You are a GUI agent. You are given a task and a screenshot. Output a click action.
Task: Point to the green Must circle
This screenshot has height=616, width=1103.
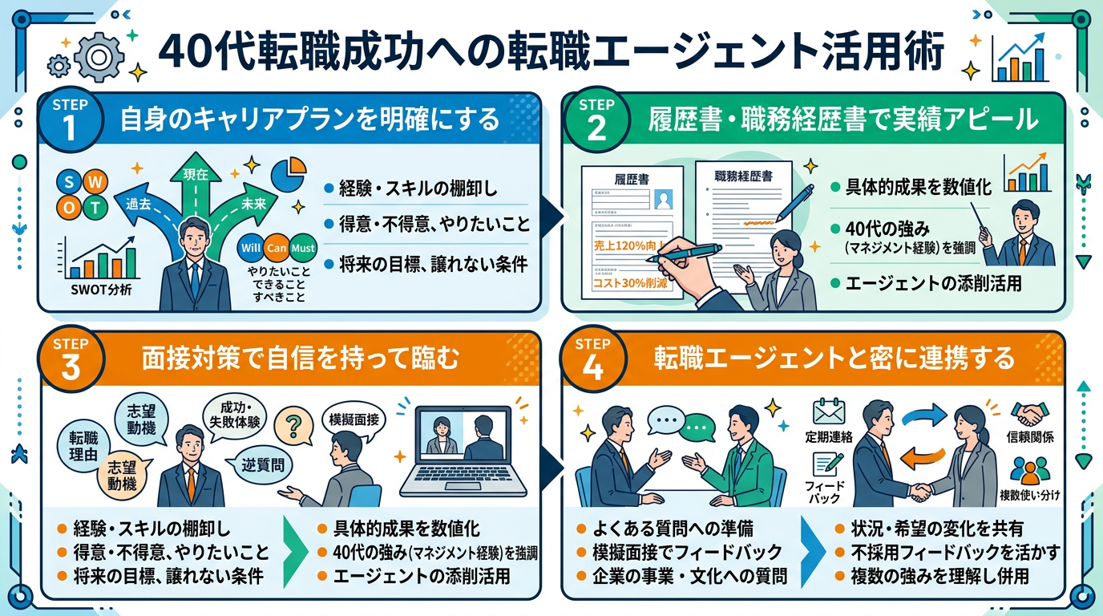pos(303,248)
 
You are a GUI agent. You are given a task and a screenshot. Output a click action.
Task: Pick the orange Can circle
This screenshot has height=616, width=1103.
pos(277,248)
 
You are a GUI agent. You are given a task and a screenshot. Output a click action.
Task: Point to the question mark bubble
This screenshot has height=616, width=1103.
pos(293,422)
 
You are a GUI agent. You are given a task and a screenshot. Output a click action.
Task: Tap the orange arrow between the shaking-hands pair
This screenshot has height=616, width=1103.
pos(919,457)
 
